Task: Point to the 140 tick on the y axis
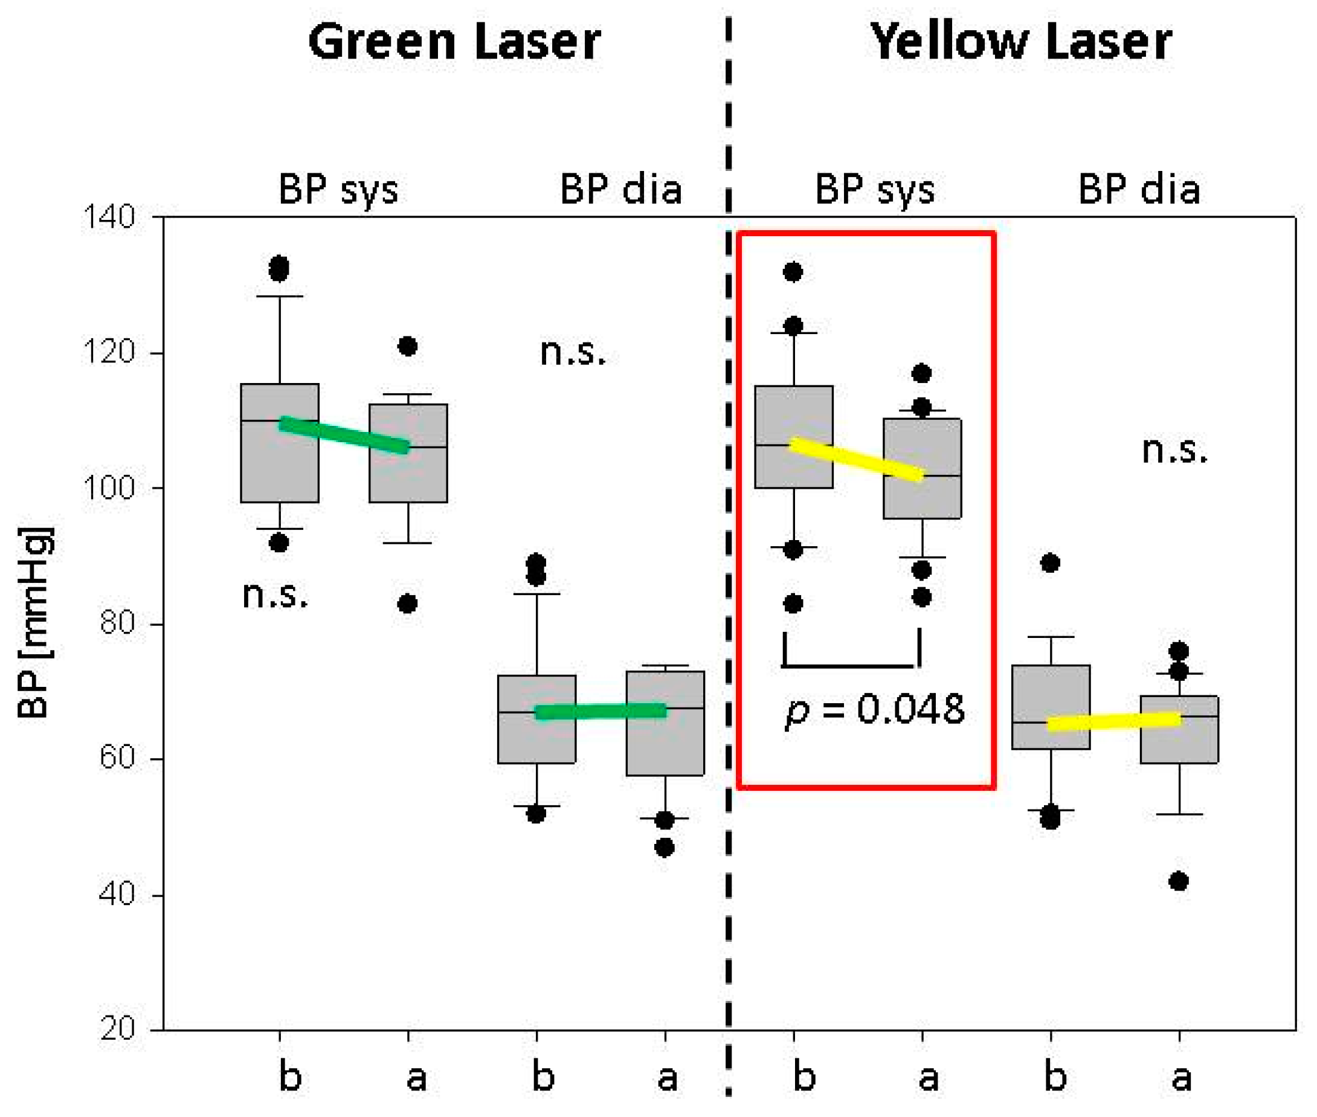[108, 217]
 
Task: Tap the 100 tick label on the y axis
[108, 488]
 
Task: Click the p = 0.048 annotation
[875, 709]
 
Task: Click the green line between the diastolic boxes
[601, 712]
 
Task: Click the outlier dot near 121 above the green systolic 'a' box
[408, 346]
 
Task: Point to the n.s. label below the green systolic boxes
[275, 595]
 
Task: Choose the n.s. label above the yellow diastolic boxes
[1174, 451]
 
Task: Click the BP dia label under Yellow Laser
[1138, 188]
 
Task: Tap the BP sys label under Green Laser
[339, 188]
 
